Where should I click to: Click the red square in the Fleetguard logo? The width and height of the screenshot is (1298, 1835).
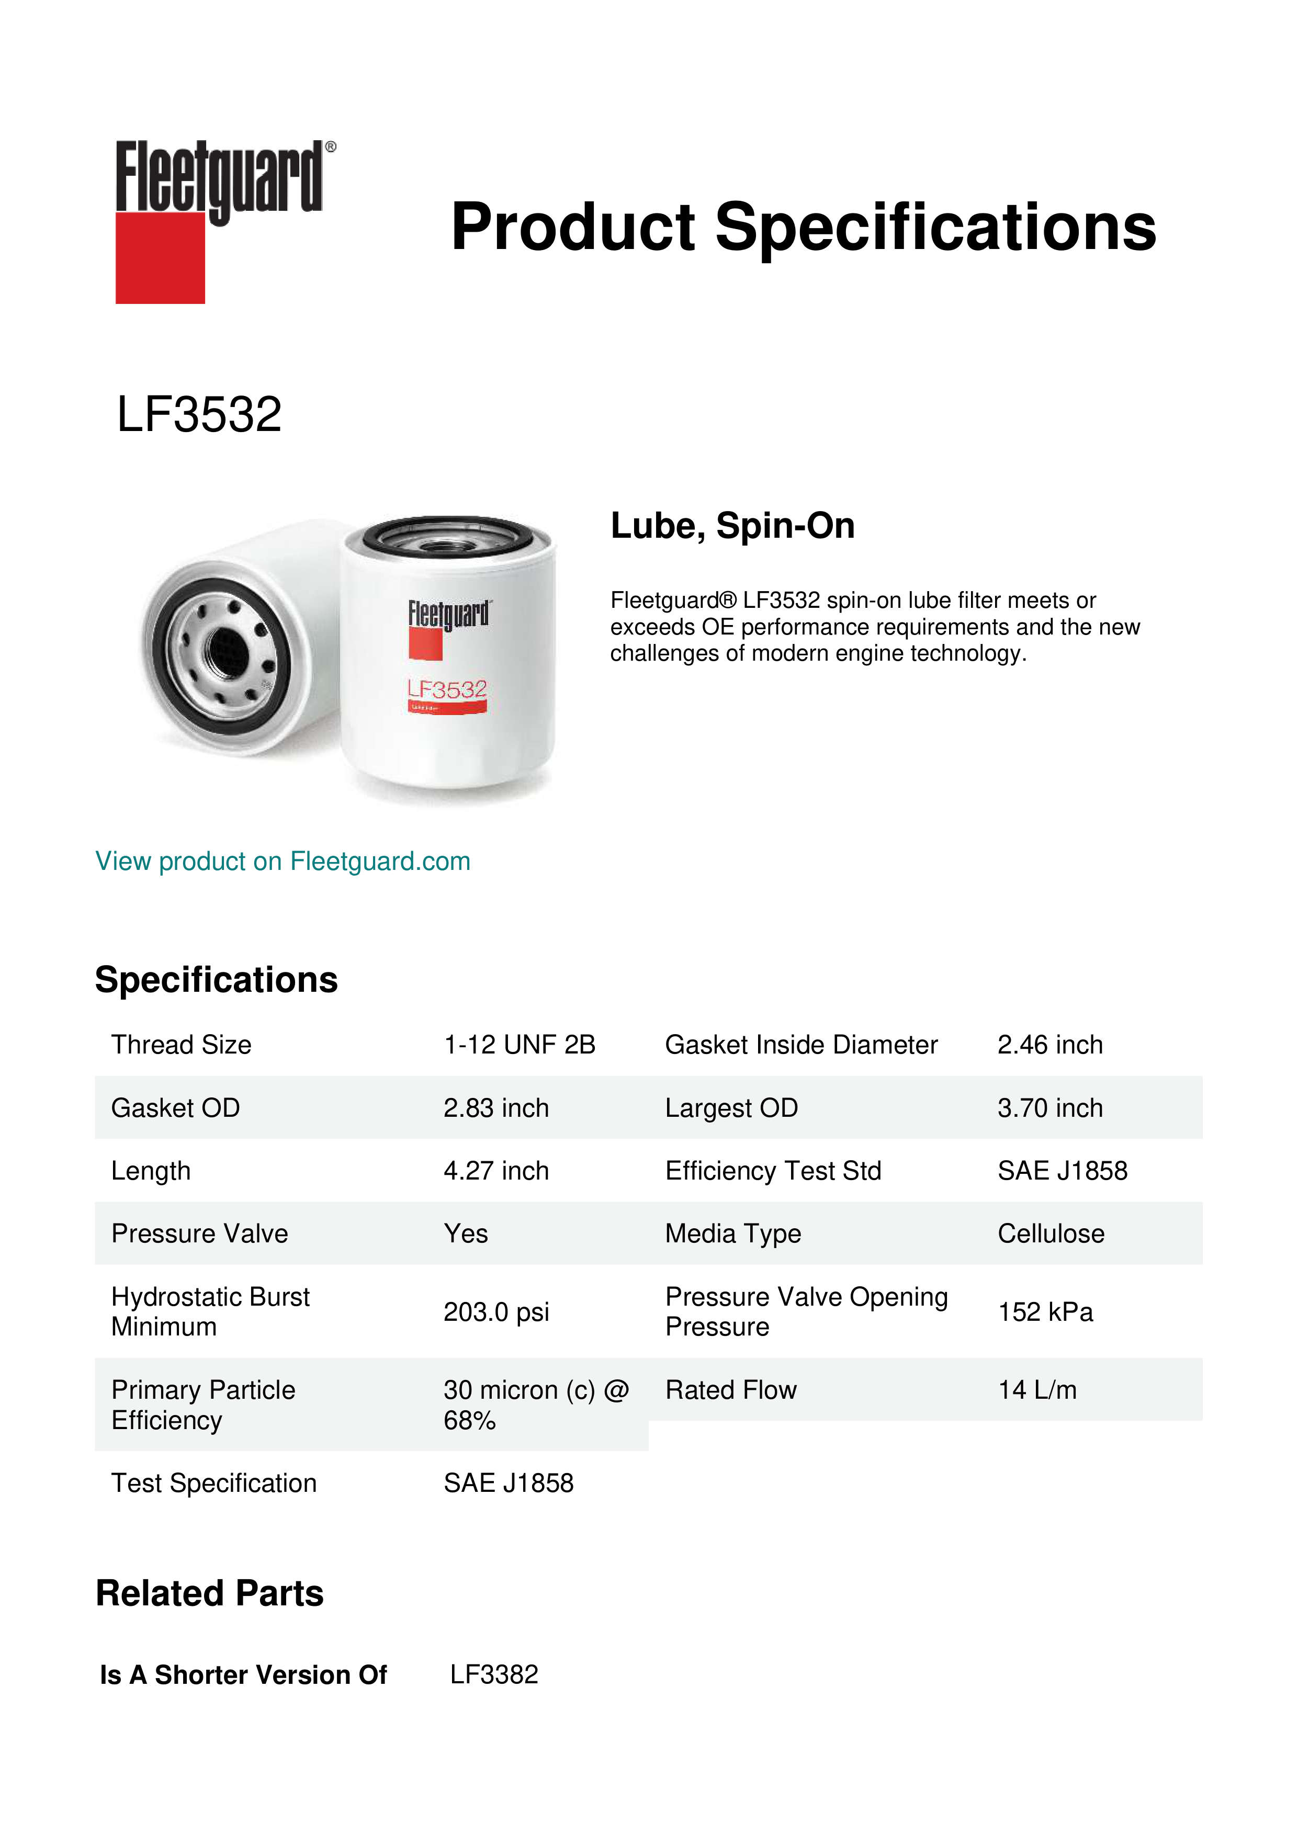160,257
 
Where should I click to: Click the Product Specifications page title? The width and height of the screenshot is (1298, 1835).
803,227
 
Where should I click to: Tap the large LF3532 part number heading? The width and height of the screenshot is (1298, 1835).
199,415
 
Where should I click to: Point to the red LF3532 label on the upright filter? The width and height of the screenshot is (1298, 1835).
447,689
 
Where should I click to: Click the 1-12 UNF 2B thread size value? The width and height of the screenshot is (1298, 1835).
520,1045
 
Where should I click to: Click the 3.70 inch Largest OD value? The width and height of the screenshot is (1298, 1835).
1049,1108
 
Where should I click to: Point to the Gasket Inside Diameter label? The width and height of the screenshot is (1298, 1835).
801,1045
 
